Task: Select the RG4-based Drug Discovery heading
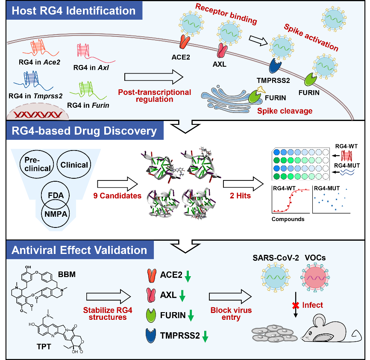click(82, 130)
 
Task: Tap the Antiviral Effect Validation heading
click(79, 250)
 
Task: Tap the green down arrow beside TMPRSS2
click(205, 337)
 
